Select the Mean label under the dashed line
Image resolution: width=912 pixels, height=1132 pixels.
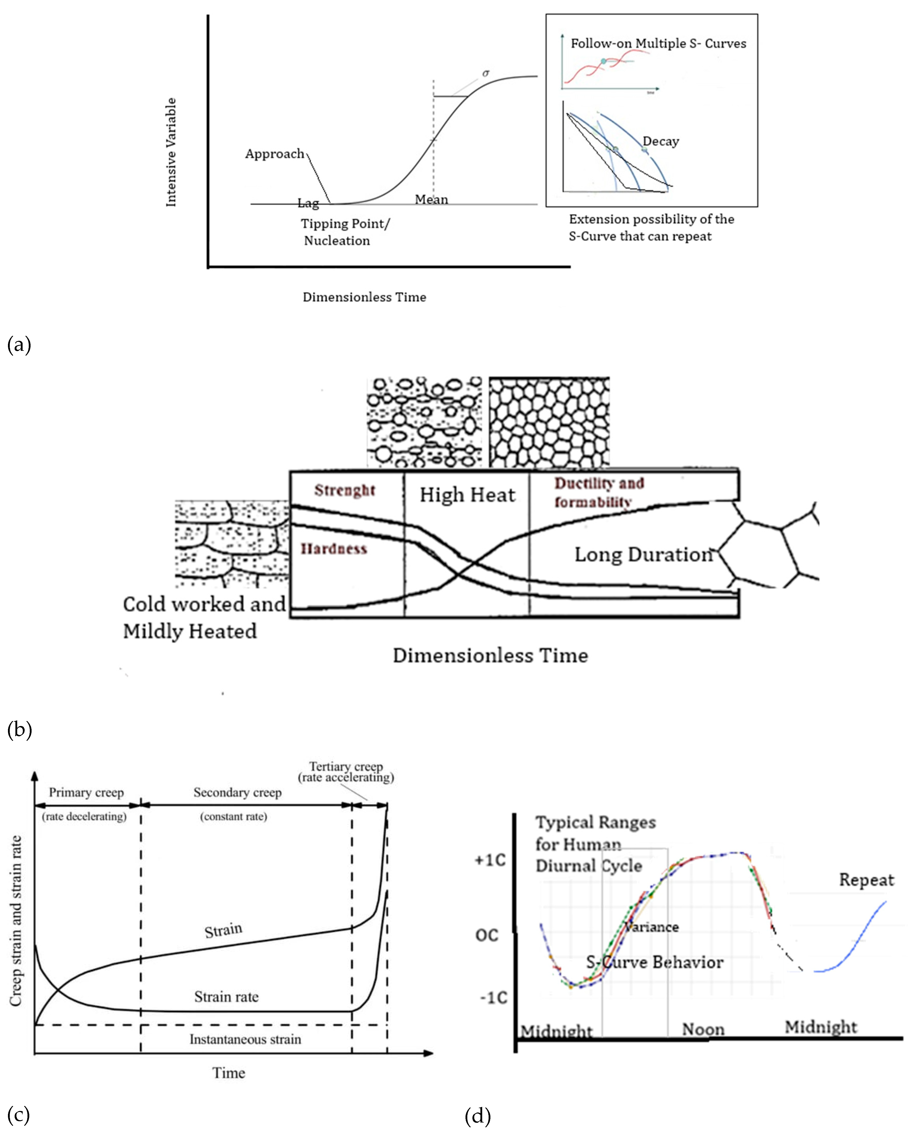click(x=431, y=199)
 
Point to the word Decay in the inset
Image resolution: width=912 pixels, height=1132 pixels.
click(x=661, y=141)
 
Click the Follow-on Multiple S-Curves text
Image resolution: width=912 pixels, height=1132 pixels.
click(x=658, y=44)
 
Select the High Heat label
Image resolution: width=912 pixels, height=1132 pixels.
click(x=467, y=495)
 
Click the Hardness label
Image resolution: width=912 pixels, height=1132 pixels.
click(x=334, y=549)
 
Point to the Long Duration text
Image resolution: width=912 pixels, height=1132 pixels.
click(x=643, y=554)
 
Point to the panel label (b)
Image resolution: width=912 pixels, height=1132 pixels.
click(x=20, y=729)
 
